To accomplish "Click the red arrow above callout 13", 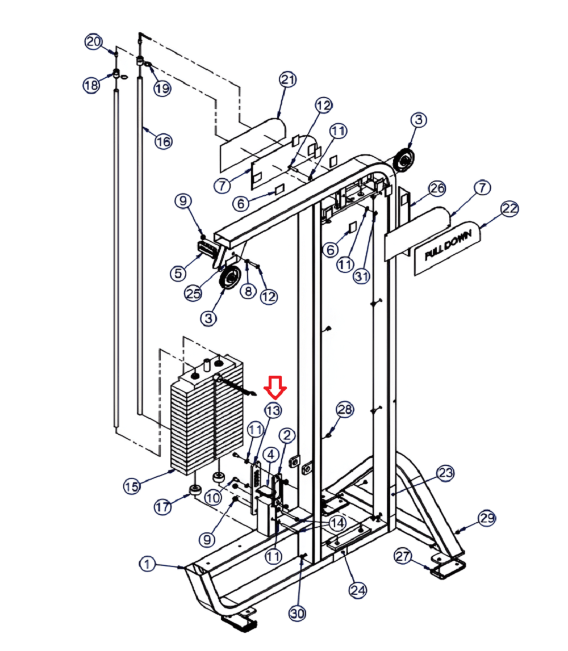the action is (275, 388).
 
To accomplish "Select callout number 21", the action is (288, 79).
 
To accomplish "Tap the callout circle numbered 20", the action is (94, 41).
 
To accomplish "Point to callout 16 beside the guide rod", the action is (163, 141).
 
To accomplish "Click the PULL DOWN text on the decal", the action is (448, 245).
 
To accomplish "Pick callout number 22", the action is (510, 208).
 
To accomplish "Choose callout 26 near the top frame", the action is (437, 188).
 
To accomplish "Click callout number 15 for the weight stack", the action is (132, 486).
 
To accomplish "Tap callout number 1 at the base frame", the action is (147, 564).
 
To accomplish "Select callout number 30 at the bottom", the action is (297, 613).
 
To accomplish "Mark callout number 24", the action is (358, 590).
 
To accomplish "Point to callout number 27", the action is (403, 556).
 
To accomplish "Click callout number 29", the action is (487, 518).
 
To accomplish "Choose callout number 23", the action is (445, 473).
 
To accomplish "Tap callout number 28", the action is (345, 410).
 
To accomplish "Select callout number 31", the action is (361, 276).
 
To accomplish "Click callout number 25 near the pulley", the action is (193, 293).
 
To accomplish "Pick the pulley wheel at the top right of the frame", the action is (404, 160).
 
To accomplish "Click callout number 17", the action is (162, 506).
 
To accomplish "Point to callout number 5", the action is (178, 273).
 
